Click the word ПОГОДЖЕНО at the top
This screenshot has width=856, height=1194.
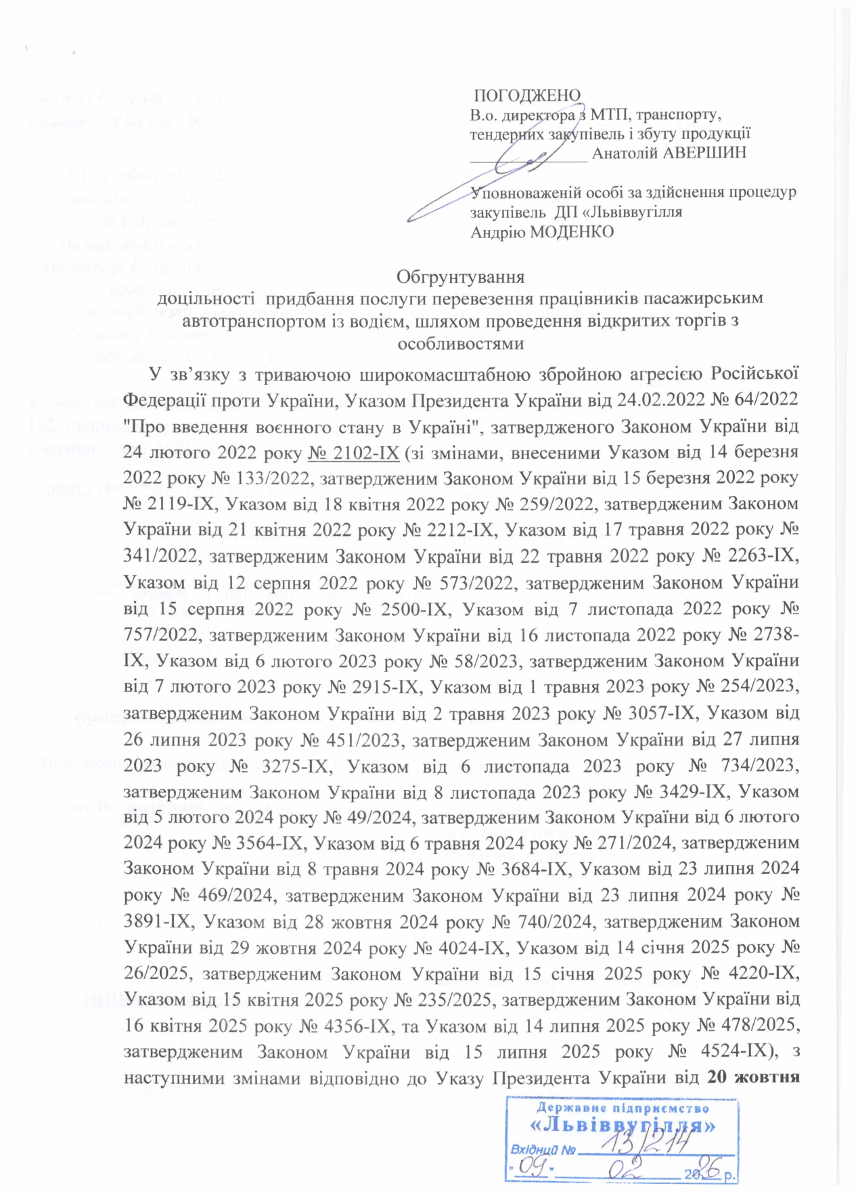click(526, 95)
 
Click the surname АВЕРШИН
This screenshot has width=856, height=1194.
click(704, 152)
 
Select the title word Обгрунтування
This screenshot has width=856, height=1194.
click(460, 277)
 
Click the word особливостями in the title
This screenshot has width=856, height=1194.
click(460, 343)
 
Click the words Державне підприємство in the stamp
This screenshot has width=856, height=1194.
click(623, 1108)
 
